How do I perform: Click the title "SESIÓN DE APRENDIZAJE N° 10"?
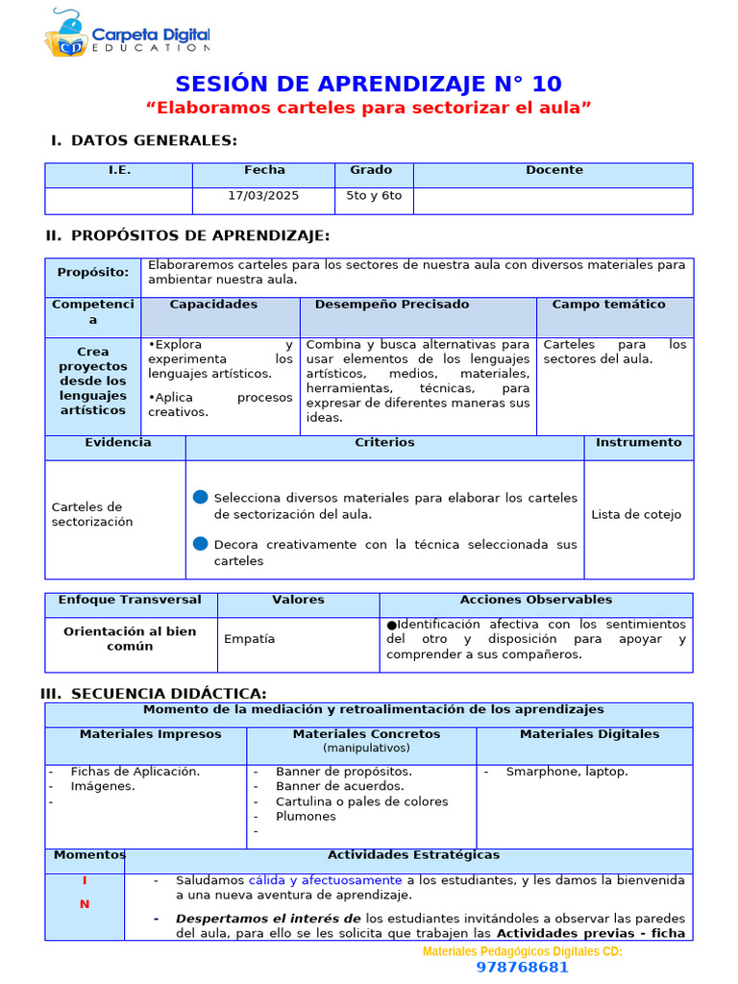[369, 84]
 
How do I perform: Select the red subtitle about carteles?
[369, 108]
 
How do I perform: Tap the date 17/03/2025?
[263, 196]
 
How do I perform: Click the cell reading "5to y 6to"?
[374, 196]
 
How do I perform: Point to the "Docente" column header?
[553, 170]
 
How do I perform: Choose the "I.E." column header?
[119, 170]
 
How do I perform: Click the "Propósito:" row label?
[92, 272]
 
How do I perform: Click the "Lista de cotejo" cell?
[636, 515]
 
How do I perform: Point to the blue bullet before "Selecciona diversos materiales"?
[200, 497]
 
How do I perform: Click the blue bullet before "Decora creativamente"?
[200, 544]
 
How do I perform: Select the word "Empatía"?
[249, 638]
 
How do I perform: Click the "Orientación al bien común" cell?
[130, 639]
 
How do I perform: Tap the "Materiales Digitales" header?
[589, 734]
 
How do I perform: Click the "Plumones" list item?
[306, 817]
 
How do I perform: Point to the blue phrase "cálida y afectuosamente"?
[325, 880]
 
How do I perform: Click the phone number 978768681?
[522, 968]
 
